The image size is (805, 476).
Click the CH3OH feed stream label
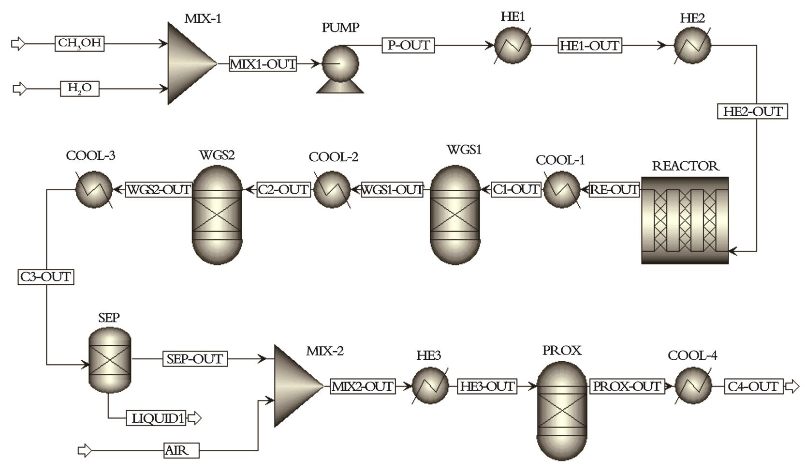79,44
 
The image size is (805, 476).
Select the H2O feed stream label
79,89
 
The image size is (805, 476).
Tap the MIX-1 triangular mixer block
189,63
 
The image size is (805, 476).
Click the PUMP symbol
340,65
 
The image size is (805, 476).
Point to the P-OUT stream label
409,45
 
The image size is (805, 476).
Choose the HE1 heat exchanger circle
512,46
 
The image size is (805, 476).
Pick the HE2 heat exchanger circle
692,46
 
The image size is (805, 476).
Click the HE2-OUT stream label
752,111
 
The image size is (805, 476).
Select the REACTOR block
685,220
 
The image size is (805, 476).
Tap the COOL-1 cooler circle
562,189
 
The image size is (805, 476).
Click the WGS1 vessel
455,215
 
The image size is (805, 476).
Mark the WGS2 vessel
217,215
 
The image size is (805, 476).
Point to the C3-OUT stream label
46,277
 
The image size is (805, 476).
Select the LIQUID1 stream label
158,418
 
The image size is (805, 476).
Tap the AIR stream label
181,451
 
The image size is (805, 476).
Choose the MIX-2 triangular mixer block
295,386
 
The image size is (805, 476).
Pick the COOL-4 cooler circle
693,386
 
